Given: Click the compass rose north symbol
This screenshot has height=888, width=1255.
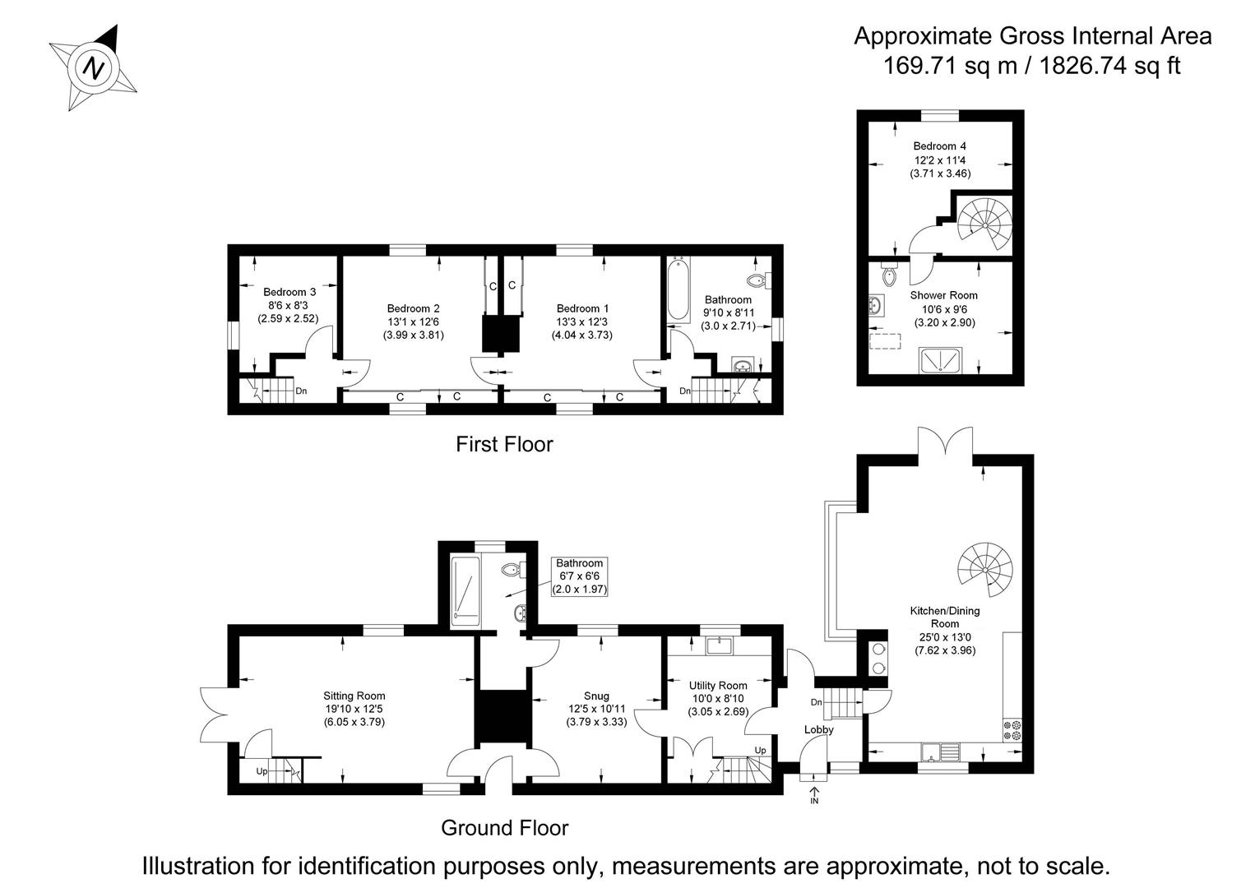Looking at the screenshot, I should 94,67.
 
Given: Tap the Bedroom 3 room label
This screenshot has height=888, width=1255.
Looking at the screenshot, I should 289,292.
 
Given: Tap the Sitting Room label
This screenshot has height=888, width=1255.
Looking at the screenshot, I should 354,696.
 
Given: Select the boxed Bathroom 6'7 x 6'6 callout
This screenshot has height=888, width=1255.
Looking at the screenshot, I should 579,576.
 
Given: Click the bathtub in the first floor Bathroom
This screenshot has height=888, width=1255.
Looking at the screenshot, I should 678,289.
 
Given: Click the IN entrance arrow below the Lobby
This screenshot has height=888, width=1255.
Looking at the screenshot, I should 814,793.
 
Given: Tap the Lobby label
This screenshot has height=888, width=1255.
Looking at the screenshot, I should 818,729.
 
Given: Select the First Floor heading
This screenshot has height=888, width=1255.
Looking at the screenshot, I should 504,445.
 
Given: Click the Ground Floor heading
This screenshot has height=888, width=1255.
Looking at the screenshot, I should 504,827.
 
